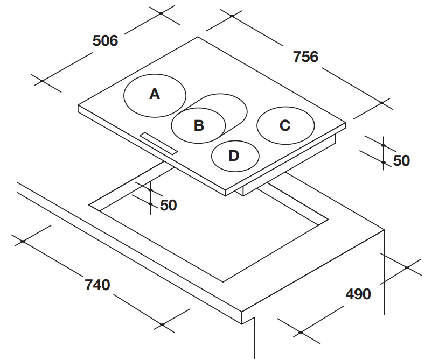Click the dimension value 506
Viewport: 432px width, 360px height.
[x=105, y=41]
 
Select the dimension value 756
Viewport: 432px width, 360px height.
[x=305, y=57]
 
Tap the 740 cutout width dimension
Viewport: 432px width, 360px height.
[x=97, y=285]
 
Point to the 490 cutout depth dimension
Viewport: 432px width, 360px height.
[x=358, y=294]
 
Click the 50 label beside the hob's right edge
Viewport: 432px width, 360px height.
[x=401, y=160]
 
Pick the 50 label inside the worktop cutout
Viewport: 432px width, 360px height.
[x=169, y=206]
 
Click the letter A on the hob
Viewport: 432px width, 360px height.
[x=155, y=94]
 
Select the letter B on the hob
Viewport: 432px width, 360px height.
[x=199, y=125]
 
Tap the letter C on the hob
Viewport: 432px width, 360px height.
[x=285, y=125]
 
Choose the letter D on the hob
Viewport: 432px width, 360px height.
[x=234, y=156]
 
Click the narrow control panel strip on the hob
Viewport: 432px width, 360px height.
[x=159, y=144]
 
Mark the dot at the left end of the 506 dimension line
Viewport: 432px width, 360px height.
[x=42, y=81]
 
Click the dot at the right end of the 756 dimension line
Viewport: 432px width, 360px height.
[x=381, y=103]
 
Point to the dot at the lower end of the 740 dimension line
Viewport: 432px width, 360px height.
[x=162, y=325]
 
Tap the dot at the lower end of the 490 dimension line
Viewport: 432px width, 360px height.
[x=301, y=332]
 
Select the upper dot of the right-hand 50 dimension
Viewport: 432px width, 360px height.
[x=384, y=145]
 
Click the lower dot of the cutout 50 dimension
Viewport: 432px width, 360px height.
[x=150, y=203]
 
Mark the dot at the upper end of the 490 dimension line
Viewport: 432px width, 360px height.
[x=407, y=267]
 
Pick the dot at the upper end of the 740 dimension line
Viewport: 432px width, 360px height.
[x=23, y=242]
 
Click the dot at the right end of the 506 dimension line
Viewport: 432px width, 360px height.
[x=161, y=13]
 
